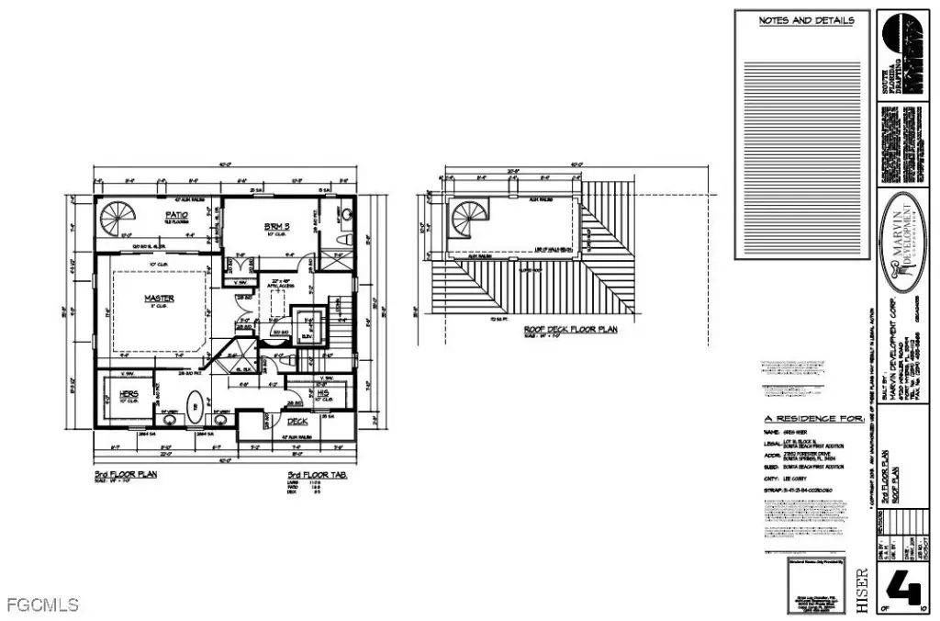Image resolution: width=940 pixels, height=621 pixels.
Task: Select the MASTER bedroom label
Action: (159, 299)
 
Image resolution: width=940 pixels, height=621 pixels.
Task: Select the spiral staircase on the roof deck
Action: (468, 223)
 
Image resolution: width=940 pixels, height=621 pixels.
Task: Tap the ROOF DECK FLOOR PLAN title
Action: (569, 329)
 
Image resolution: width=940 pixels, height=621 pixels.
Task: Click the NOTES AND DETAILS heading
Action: (806, 20)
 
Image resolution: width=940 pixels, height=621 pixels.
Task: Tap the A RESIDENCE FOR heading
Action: (813, 418)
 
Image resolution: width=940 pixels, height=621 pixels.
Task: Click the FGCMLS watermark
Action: (42, 605)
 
